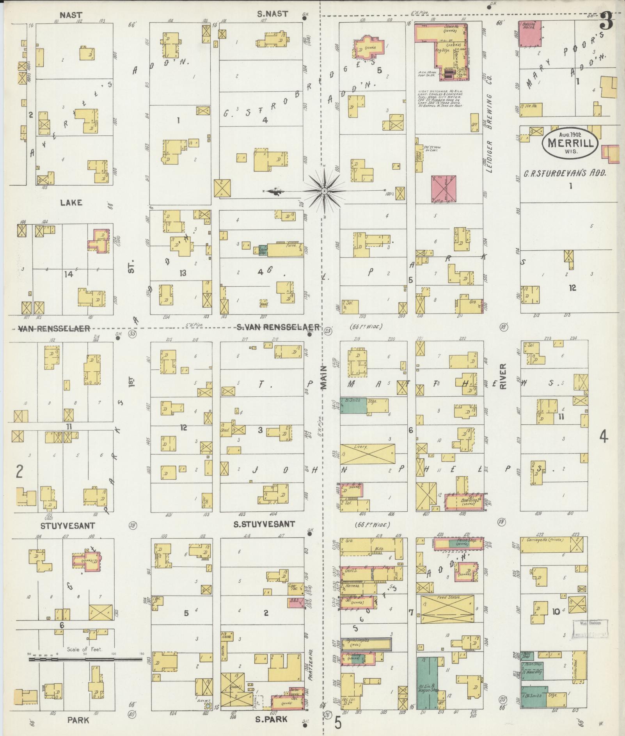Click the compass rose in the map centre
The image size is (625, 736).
[324, 191]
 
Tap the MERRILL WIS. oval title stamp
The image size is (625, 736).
[570, 143]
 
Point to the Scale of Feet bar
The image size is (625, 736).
[85, 659]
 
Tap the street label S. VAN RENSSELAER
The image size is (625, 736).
[278, 327]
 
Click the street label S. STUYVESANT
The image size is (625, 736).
[264, 525]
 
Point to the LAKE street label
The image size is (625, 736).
[71, 202]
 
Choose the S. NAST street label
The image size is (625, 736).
[272, 14]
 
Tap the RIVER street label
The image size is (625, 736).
[503, 377]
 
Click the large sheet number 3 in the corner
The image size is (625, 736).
[606, 21]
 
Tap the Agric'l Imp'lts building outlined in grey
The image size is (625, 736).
[366, 644]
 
